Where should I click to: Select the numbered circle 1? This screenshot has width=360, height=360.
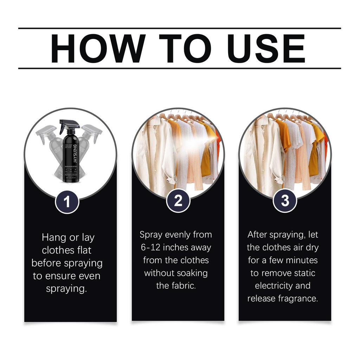click(x=67, y=202)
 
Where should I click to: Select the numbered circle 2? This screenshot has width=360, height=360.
click(x=178, y=201)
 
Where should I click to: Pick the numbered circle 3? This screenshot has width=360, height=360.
click(x=285, y=201)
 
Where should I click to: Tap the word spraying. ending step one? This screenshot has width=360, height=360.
click(x=66, y=289)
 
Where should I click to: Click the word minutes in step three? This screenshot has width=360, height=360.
click(x=302, y=260)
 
